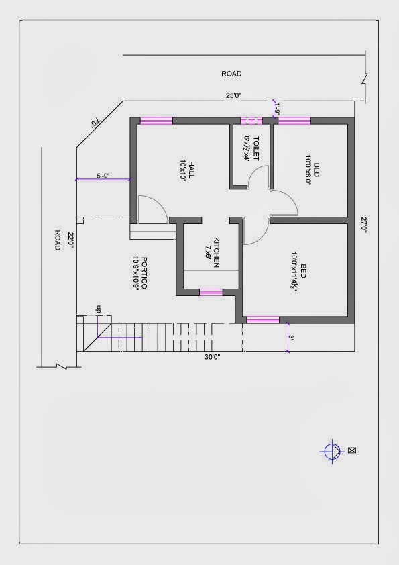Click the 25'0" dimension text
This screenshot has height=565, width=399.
click(x=233, y=95)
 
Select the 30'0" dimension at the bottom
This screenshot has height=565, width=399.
click(x=213, y=357)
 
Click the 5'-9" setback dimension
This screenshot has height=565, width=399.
click(x=103, y=176)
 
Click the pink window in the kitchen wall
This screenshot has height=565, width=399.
click(x=211, y=292)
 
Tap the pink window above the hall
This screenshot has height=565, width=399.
click(x=156, y=121)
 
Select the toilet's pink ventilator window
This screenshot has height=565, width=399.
click(x=251, y=121)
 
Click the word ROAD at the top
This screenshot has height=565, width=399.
click(x=231, y=74)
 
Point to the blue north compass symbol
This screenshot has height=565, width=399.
click(x=332, y=451)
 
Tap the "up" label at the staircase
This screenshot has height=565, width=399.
click(x=98, y=309)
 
